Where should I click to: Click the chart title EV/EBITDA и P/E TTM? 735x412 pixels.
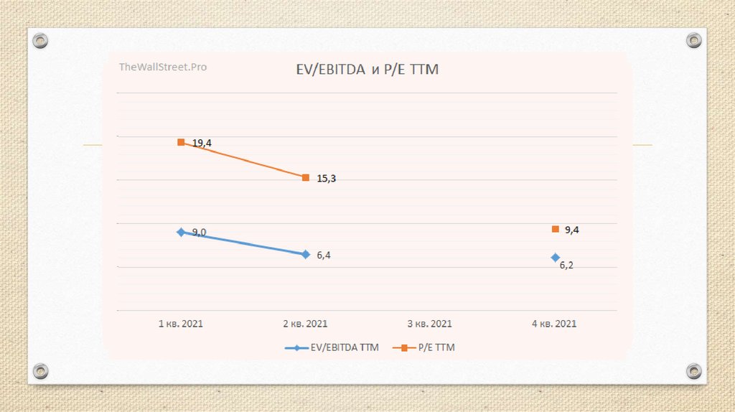tap(367, 70)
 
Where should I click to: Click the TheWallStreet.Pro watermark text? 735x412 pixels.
tap(163, 67)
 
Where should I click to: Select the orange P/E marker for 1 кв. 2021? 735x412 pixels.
tap(181, 142)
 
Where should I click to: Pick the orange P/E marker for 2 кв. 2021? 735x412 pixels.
tap(306, 177)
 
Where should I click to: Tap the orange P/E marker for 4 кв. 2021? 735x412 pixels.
tap(555, 229)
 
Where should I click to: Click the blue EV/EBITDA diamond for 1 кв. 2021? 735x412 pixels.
tap(181, 232)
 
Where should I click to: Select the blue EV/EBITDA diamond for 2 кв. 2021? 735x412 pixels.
tap(306, 254)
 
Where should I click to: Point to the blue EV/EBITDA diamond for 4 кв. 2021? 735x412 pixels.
tap(555, 257)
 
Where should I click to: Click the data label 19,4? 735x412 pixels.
tap(202, 144)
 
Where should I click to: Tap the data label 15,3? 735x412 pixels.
tap(326, 179)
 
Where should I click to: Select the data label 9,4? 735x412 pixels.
tap(572, 230)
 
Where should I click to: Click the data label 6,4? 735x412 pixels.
tap(324, 256)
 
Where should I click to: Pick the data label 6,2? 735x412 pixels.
tap(566, 266)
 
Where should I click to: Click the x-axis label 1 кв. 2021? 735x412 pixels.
tap(181, 324)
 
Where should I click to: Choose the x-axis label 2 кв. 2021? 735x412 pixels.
tap(306, 324)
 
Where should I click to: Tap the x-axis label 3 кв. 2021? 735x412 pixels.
tap(430, 324)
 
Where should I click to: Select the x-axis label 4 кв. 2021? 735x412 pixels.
tap(554, 324)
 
